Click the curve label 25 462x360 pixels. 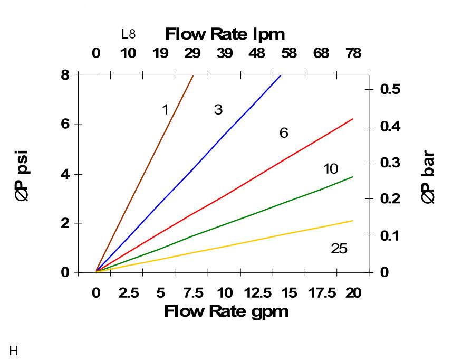click(x=339, y=249)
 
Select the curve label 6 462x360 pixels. click(x=284, y=133)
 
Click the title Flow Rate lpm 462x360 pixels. click(x=225, y=34)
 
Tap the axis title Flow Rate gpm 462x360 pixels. click(x=226, y=311)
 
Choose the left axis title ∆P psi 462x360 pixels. click(x=22, y=176)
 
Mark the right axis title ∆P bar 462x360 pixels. click(x=428, y=177)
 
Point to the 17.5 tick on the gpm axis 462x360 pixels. click(x=321, y=293)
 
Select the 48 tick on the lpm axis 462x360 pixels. click(x=257, y=53)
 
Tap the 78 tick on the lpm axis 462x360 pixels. click(x=353, y=53)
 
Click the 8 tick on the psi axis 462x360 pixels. click(x=65, y=75)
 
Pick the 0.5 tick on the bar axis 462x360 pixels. click(x=390, y=89)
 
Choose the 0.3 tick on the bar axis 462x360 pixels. click(x=390, y=163)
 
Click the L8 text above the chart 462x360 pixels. click(x=128, y=34)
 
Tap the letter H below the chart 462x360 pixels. click(x=14, y=350)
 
